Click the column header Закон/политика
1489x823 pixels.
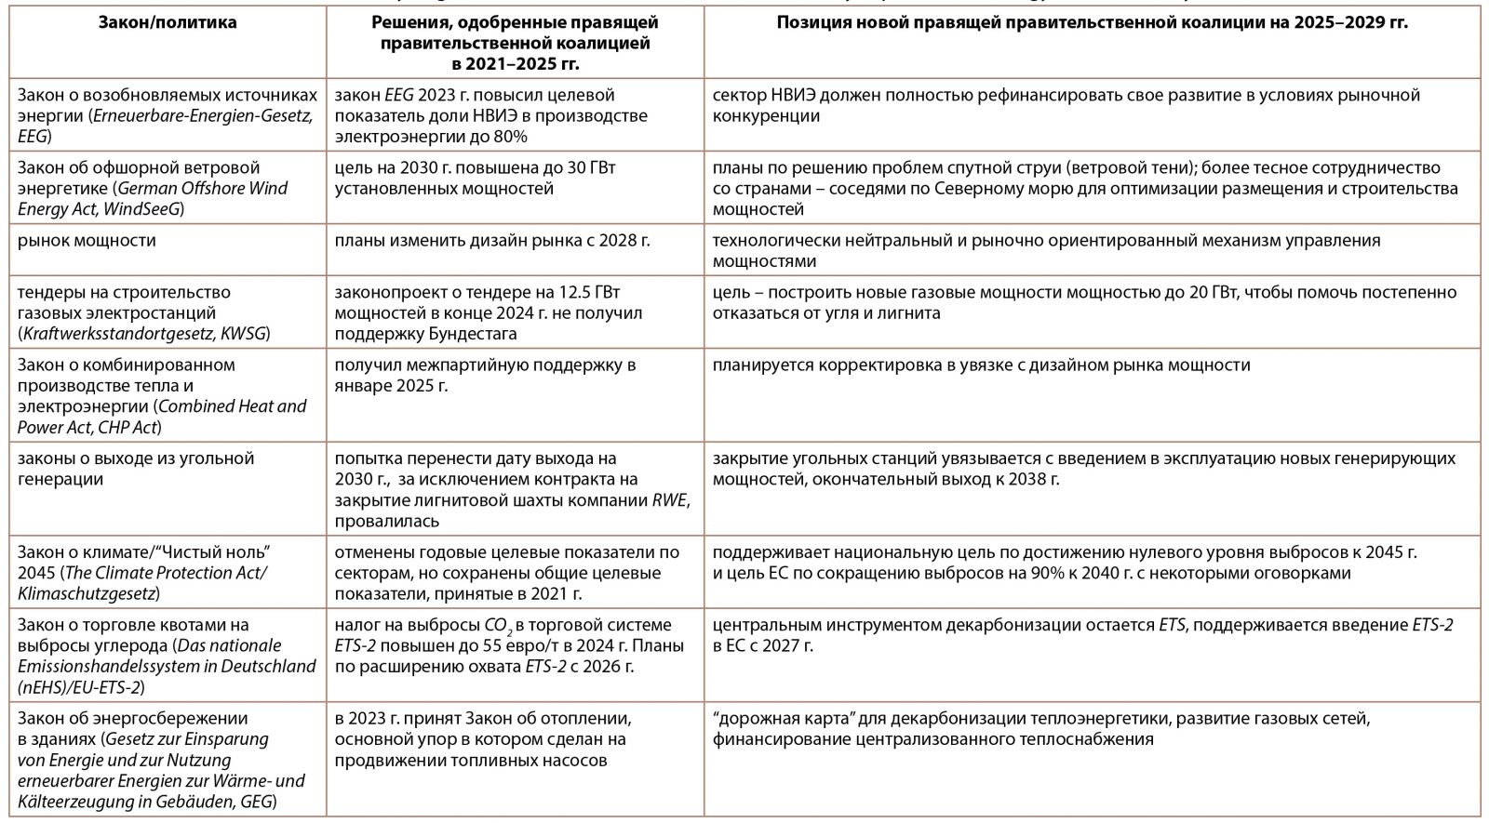(x=168, y=22)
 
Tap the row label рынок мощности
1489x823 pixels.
(x=87, y=241)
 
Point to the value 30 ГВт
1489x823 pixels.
(x=586, y=168)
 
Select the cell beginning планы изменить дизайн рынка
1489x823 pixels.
(x=492, y=241)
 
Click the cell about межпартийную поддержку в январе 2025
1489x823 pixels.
(x=485, y=375)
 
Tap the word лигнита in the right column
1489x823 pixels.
(x=911, y=312)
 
